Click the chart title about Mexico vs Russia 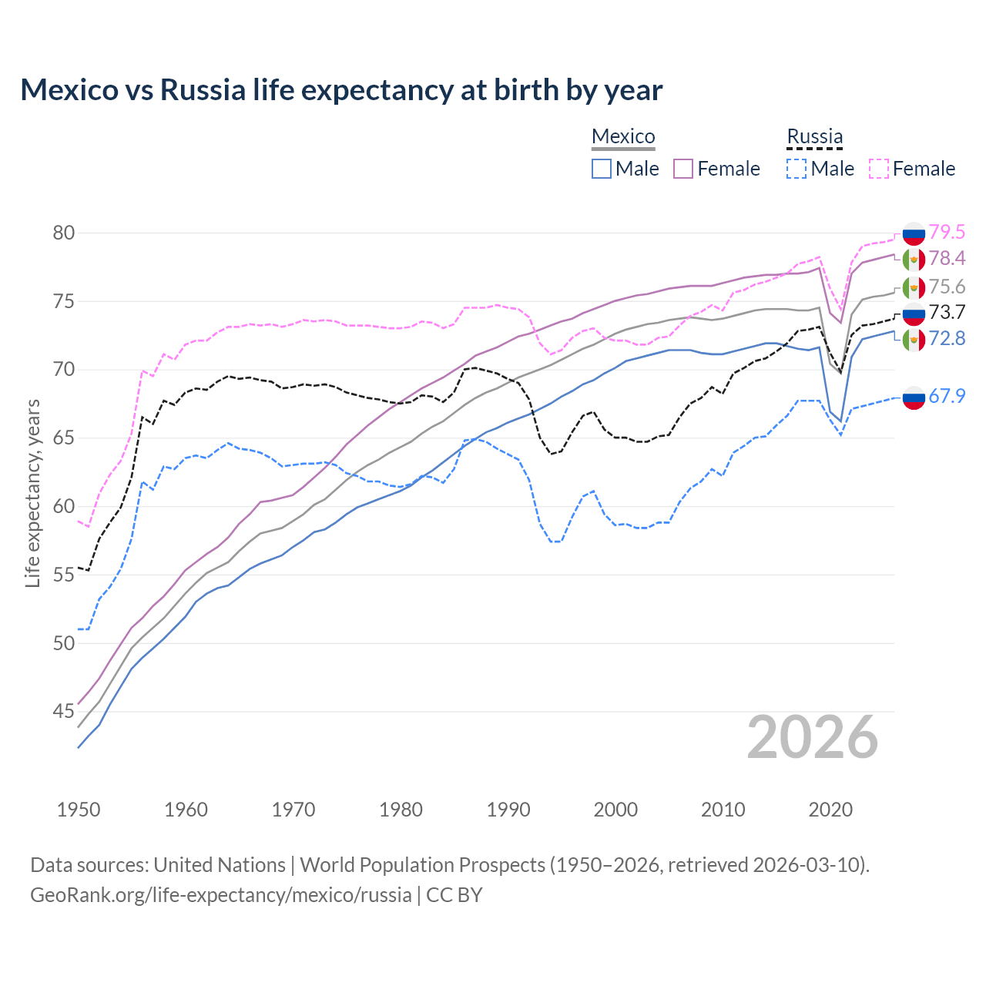[341, 90]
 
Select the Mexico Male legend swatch [602, 169]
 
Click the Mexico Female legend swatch [683, 169]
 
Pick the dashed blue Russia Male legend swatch [797, 169]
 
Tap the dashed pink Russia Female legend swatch [879, 169]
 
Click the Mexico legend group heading [623, 136]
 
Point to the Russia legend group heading [814, 136]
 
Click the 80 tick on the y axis [64, 233]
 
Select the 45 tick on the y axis [64, 712]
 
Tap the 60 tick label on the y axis [64, 507]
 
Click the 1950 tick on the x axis [79, 810]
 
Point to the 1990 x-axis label [508, 810]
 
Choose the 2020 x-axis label [830, 810]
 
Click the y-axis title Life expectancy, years [32, 493]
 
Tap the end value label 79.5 [947, 232]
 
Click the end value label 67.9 [947, 396]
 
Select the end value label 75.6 [947, 287]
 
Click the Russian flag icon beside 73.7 [914, 313]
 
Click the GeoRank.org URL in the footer [220, 895]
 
